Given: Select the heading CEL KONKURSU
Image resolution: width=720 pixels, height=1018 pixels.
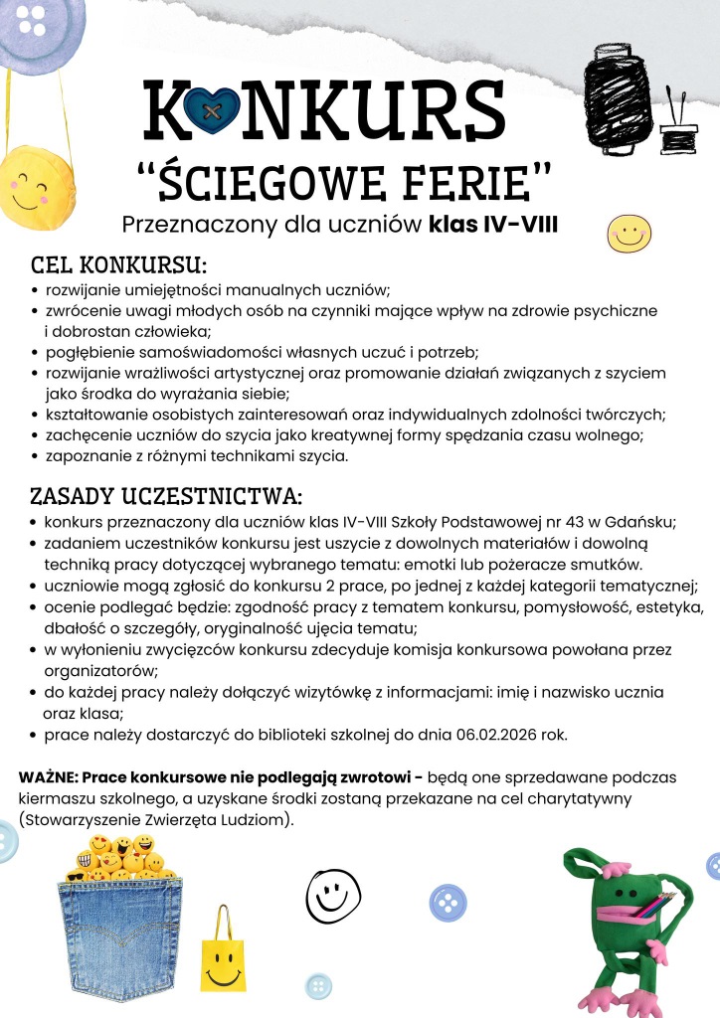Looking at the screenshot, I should (x=118, y=265).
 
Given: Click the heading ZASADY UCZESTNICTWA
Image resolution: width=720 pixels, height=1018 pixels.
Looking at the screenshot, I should (x=165, y=495).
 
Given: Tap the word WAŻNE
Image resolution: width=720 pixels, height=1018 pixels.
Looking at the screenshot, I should (x=48, y=775).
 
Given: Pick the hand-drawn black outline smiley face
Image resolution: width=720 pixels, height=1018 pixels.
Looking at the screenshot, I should (x=327, y=894).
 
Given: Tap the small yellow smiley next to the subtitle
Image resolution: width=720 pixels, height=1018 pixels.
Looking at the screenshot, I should (x=629, y=234).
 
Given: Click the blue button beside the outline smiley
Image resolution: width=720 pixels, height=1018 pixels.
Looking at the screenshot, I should (x=448, y=903).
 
